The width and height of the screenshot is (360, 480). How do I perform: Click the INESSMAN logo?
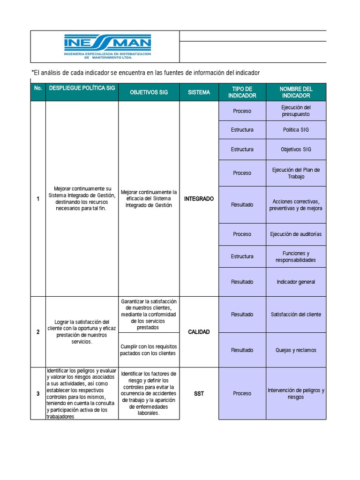[x=107, y=46]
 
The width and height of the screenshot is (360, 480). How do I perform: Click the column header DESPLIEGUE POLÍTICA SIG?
[x=82, y=89]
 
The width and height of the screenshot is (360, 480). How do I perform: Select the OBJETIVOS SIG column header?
[x=149, y=92]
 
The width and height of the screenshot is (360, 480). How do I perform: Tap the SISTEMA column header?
[x=199, y=92]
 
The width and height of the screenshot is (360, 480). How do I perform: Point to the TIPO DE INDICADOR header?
[x=242, y=92]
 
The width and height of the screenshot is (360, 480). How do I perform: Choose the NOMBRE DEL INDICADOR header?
[x=296, y=92]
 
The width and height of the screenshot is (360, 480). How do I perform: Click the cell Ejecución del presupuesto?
[x=296, y=111]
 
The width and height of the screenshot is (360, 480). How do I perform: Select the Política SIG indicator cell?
[x=296, y=129]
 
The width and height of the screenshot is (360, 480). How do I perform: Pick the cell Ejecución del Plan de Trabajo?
[x=296, y=173]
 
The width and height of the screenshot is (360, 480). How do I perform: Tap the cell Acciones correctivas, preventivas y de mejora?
[x=296, y=205]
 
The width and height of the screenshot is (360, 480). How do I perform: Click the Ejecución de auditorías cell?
[x=296, y=234]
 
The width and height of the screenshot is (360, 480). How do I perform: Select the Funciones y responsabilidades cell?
[x=296, y=256]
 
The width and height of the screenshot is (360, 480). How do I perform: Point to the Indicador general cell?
[x=296, y=282]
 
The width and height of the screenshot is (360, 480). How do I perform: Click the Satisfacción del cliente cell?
[x=296, y=315]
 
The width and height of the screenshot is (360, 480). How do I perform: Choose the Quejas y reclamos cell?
[x=296, y=350]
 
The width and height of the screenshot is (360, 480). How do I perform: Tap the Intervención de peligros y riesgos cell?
[x=296, y=393]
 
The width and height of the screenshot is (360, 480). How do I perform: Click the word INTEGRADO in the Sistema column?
[x=199, y=199]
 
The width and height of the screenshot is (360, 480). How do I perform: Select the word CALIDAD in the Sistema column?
[x=199, y=332]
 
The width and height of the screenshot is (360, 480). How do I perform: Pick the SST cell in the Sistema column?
[x=199, y=394]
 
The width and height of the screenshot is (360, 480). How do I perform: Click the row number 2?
[x=38, y=332]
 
